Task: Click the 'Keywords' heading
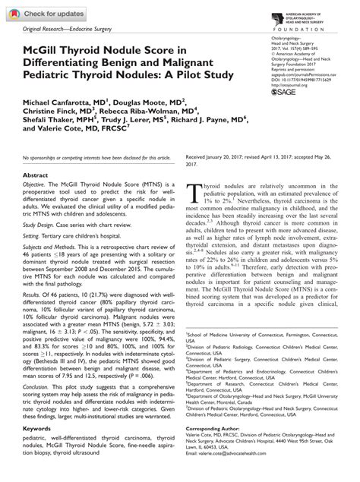[x=41, y=436]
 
